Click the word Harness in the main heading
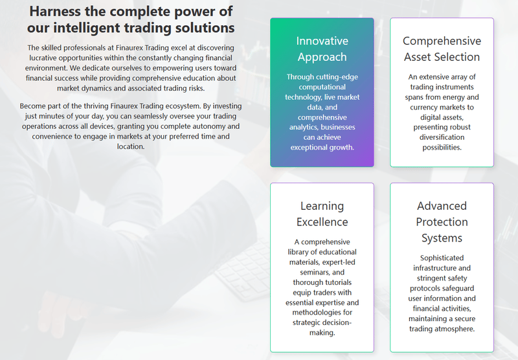55,11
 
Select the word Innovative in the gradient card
322,41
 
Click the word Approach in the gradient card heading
322,57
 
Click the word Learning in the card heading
322,206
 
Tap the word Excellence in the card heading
322,222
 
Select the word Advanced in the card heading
442,206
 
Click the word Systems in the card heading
442,238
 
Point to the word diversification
442,137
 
